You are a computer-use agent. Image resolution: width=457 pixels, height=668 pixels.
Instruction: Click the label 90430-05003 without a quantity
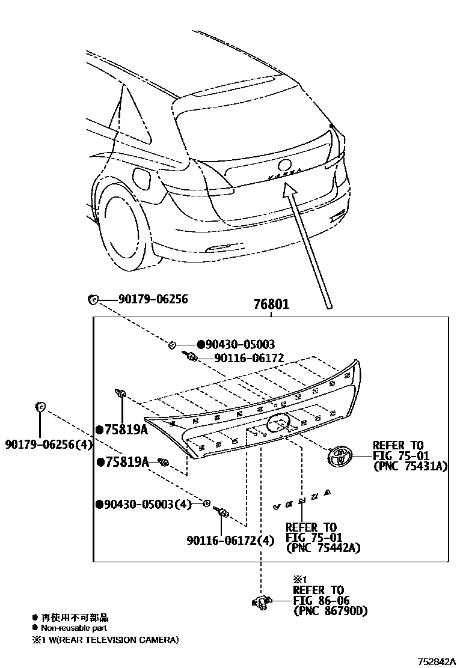240,344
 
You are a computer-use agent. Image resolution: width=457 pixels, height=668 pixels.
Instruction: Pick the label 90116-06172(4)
230,541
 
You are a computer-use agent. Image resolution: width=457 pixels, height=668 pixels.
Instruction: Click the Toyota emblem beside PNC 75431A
341,457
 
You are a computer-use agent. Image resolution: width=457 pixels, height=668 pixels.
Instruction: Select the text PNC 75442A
323,548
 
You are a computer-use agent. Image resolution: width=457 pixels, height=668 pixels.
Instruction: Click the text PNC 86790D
330,611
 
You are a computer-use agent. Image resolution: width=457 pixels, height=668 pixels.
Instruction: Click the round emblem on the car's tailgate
284,165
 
